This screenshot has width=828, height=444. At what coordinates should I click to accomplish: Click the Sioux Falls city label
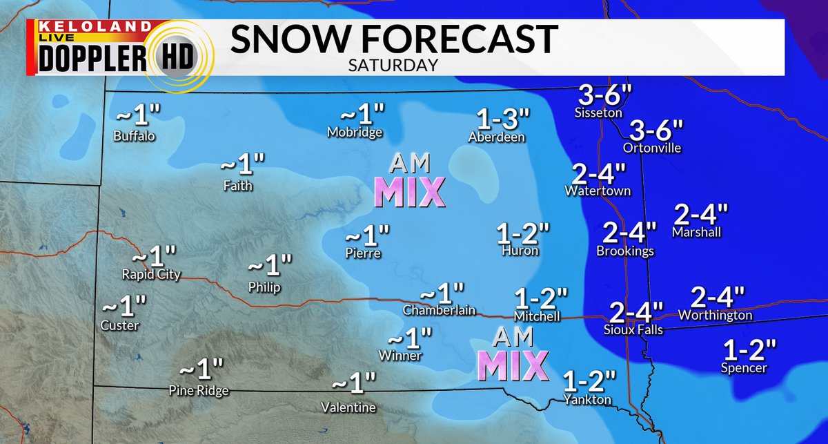tap(633, 330)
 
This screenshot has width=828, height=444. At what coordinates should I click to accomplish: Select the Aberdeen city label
tap(495, 137)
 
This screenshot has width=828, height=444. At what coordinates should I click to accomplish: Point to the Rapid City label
tap(151, 274)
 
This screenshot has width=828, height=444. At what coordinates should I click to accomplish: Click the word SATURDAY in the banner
tap(393, 65)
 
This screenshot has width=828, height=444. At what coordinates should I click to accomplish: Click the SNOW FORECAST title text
tap(393, 39)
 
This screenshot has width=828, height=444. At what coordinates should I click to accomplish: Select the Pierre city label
tap(363, 253)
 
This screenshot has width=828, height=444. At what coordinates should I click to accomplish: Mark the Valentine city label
tap(348, 407)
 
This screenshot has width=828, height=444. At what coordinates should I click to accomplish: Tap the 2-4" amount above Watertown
tap(598, 173)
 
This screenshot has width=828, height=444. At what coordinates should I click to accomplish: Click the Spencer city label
tap(744, 368)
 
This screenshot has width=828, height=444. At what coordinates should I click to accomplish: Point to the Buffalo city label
tap(135, 136)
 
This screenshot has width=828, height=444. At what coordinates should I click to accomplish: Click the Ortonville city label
tap(651, 148)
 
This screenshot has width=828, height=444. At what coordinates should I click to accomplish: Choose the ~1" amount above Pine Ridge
tap(201, 369)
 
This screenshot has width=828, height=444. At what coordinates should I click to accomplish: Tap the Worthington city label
tap(715, 315)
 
